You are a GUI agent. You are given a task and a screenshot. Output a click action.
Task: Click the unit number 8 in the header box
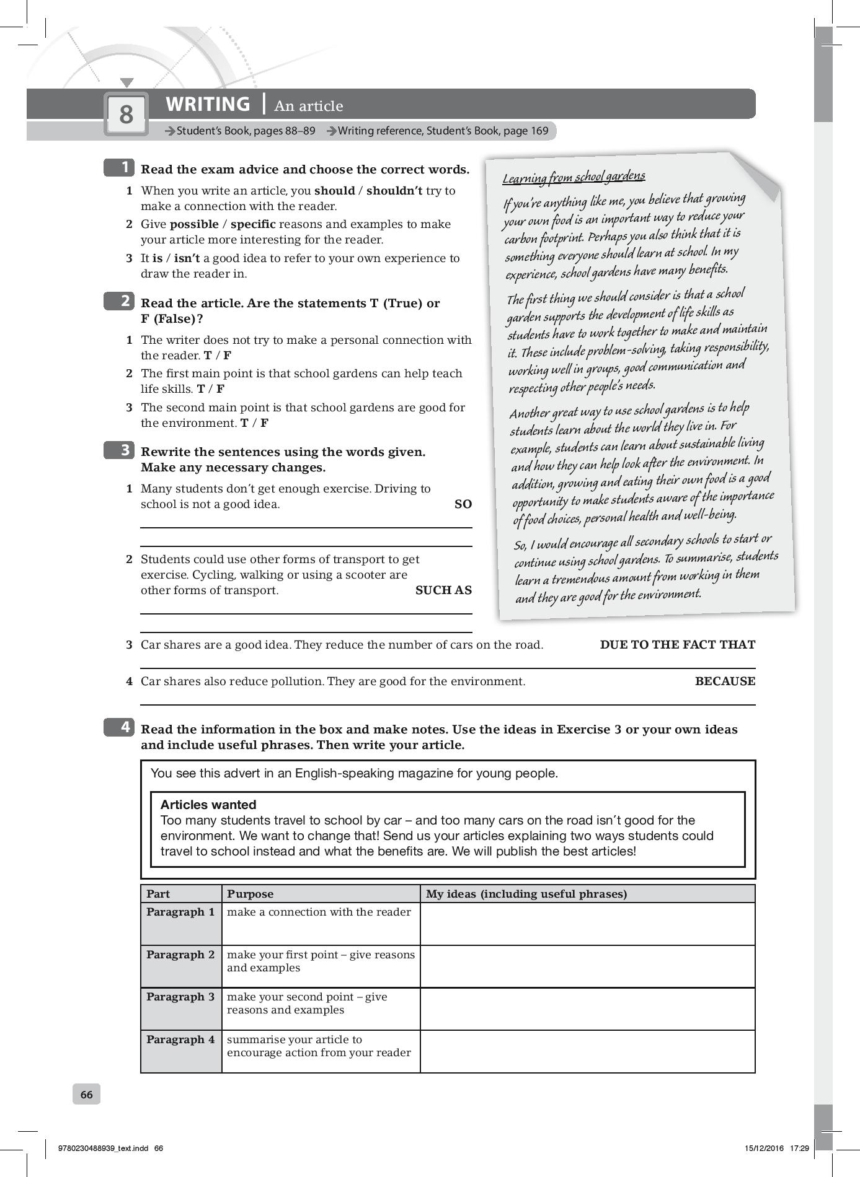click(x=126, y=114)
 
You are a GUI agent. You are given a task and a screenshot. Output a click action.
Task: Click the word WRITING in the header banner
click(x=208, y=104)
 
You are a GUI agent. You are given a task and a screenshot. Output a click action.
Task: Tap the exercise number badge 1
click(x=119, y=167)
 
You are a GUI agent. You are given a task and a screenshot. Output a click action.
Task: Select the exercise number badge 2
click(x=119, y=301)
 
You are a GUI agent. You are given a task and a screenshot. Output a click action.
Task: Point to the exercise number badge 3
click(x=119, y=450)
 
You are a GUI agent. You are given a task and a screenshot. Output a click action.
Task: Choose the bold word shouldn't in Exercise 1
click(x=394, y=191)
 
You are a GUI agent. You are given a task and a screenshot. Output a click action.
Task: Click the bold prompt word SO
click(x=463, y=504)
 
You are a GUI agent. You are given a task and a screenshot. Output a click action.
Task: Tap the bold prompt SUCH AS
click(x=443, y=590)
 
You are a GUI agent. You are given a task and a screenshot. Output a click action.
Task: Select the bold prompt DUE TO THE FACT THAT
click(x=677, y=645)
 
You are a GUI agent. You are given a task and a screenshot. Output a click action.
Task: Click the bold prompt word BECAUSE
click(x=725, y=681)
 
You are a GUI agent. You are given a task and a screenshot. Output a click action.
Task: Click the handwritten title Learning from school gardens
click(x=574, y=177)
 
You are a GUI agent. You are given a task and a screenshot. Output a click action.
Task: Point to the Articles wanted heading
click(x=208, y=805)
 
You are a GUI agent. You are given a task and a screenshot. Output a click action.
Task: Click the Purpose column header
click(x=250, y=894)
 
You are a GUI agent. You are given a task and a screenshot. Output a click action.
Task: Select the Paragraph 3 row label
click(x=180, y=997)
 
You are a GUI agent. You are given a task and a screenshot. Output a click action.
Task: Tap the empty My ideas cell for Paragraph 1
click(x=587, y=924)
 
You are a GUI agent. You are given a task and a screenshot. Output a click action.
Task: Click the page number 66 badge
click(x=87, y=1095)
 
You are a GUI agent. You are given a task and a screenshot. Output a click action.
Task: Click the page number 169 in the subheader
click(x=538, y=131)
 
